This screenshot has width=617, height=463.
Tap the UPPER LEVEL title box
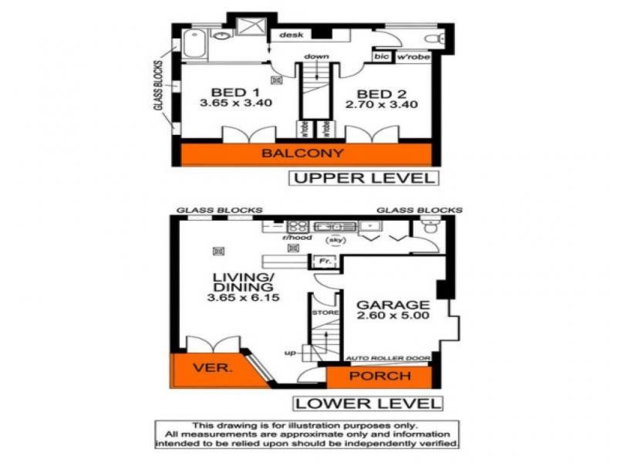click(362, 178)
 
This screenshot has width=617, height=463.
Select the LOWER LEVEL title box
click(367, 403)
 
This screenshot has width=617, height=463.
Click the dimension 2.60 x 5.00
click(393, 316)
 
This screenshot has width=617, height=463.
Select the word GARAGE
click(393, 304)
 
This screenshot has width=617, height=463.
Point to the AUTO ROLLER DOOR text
click(387, 359)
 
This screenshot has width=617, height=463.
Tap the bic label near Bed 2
click(381, 56)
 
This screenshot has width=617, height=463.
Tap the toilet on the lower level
click(430, 227)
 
